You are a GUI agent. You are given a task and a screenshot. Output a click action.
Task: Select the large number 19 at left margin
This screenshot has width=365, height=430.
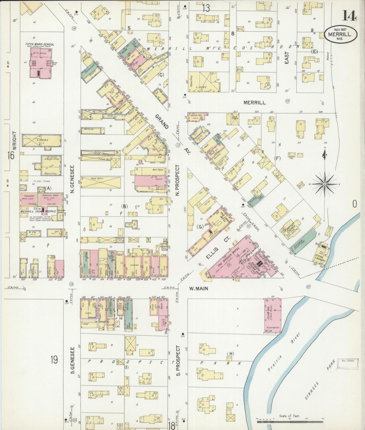coord(54,359)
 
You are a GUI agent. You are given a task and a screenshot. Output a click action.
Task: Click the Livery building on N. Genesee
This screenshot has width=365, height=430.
coord(42,140)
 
